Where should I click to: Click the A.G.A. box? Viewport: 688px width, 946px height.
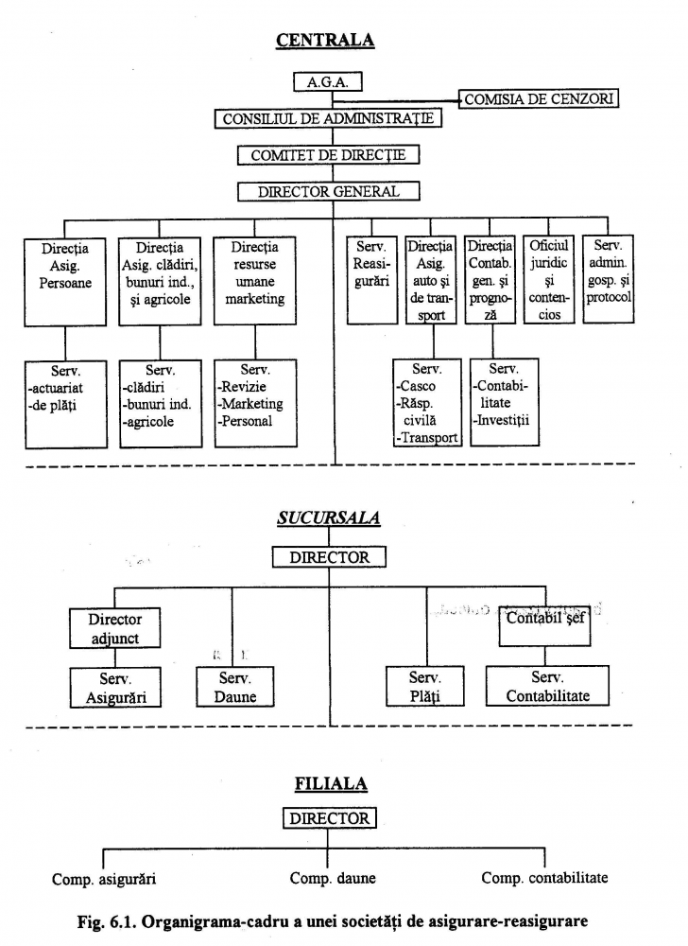pyautogui.click(x=327, y=82)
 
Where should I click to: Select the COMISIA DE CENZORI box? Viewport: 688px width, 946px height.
pyautogui.click(x=539, y=97)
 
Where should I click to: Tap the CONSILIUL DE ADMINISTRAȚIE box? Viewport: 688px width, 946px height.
pyautogui.click(x=328, y=119)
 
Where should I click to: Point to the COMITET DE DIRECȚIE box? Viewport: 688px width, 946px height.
pyautogui.click(x=328, y=155)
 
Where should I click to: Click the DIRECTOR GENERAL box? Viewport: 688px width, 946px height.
pyautogui.click(x=328, y=191)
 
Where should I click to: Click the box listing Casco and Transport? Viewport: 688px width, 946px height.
pyautogui.click(x=426, y=402)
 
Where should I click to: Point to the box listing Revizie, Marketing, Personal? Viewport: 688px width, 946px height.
pyautogui.click(x=255, y=402)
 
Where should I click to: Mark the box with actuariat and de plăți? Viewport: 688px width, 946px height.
pyautogui.click(x=65, y=402)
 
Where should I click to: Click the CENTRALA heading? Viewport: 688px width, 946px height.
pyautogui.click(x=325, y=40)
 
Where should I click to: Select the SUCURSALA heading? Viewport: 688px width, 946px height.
pyautogui.click(x=328, y=518)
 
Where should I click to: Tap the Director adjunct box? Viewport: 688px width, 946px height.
pyautogui.click(x=114, y=629)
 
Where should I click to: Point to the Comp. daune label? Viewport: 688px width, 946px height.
pyautogui.click(x=333, y=878)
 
